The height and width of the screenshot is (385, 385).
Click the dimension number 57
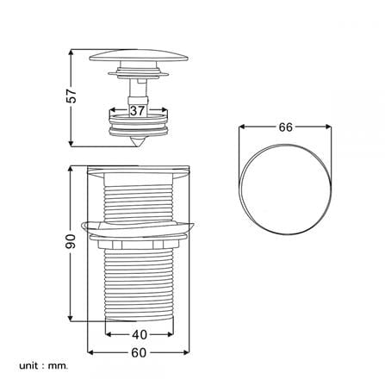(x=71, y=96)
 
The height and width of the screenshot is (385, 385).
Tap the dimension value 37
(x=137, y=111)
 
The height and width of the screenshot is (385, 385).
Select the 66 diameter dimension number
(x=285, y=127)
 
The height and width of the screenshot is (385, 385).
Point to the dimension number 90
(x=71, y=241)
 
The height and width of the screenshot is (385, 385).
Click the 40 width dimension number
(x=140, y=334)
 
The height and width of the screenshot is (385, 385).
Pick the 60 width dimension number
(x=139, y=352)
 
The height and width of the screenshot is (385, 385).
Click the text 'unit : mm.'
(x=44, y=366)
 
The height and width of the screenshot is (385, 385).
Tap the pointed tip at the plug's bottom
(x=138, y=146)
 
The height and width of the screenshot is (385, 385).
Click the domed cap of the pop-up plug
(x=139, y=55)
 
